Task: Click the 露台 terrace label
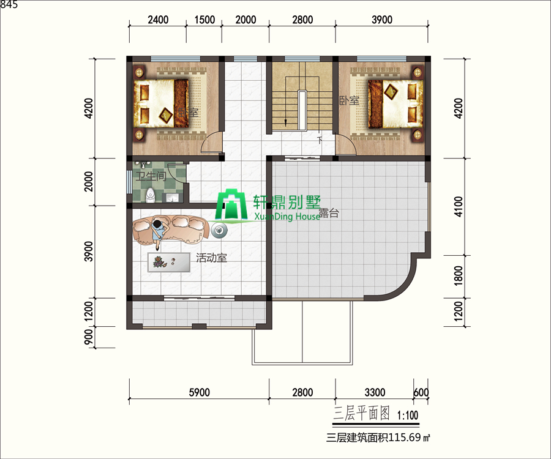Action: (329, 213)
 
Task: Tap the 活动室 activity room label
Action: (211, 258)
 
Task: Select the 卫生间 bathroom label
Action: (151, 176)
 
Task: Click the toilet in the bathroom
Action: (151, 195)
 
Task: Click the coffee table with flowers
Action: (169, 262)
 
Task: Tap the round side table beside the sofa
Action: (220, 231)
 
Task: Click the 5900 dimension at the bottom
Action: (199, 392)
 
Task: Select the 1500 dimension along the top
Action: (204, 20)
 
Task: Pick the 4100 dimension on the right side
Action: (458, 206)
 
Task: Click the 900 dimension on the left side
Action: (89, 337)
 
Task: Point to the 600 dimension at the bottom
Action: (421, 392)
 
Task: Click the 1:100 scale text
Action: (408, 416)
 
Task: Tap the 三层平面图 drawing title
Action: (362, 413)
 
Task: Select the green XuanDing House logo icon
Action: (230, 206)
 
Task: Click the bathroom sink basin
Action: (172, 197)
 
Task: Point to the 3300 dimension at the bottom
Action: (375, 392)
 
